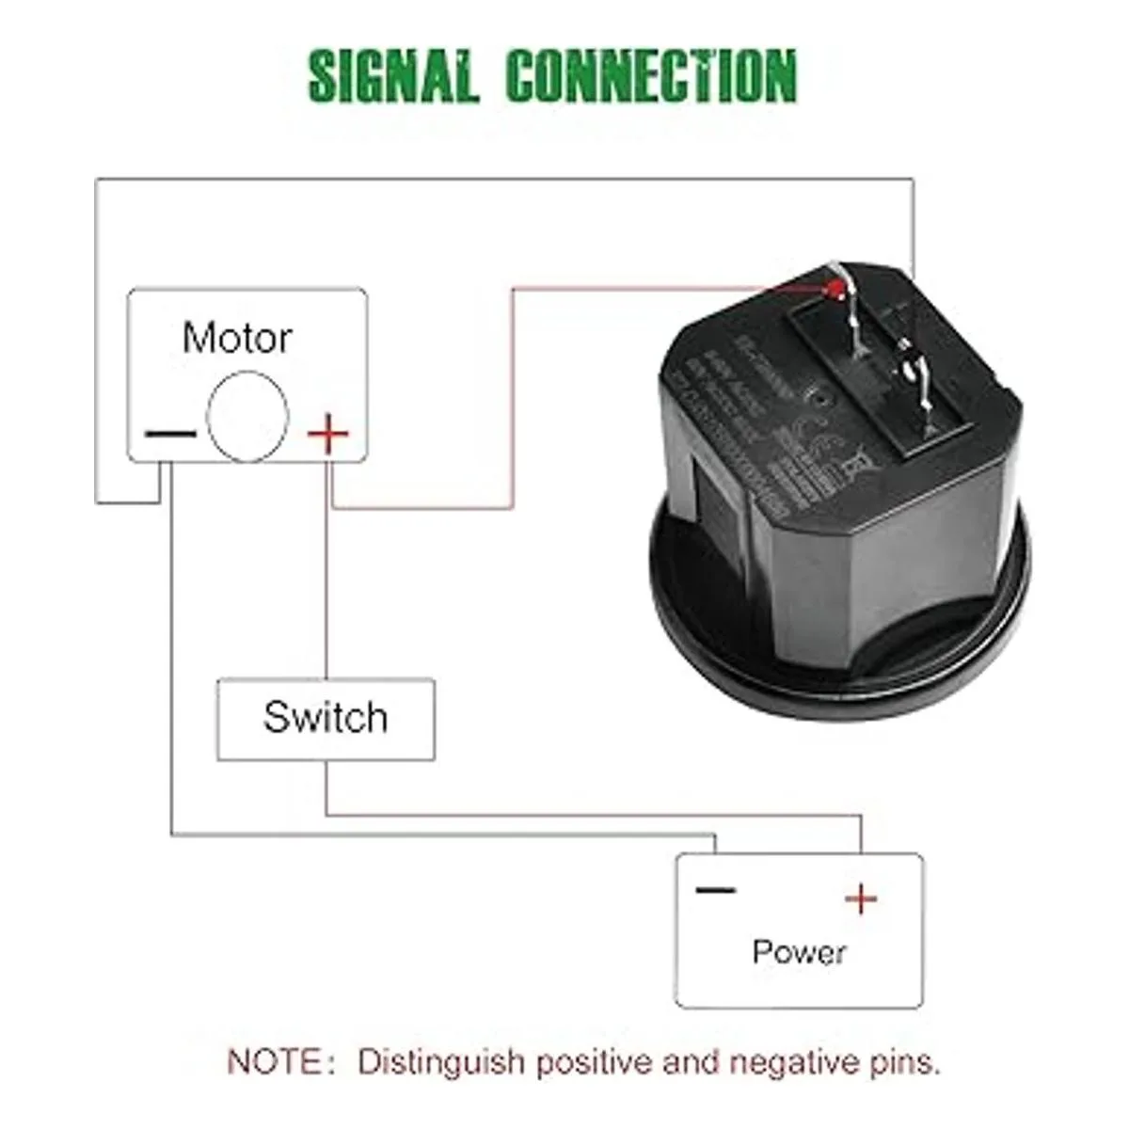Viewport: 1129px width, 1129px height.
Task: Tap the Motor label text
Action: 237,338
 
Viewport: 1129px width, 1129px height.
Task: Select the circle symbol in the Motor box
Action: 247,416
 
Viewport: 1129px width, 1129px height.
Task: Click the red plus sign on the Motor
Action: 328,434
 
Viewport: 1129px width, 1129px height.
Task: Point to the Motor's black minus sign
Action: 170,435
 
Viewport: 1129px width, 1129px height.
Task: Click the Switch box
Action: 326,719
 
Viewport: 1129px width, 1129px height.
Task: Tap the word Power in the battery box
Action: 799,951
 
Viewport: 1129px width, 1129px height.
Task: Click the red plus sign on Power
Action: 860,900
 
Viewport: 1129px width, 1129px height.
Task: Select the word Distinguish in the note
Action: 440,1063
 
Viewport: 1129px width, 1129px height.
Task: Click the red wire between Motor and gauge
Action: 514,395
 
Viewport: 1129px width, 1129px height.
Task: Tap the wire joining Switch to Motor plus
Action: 326,593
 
